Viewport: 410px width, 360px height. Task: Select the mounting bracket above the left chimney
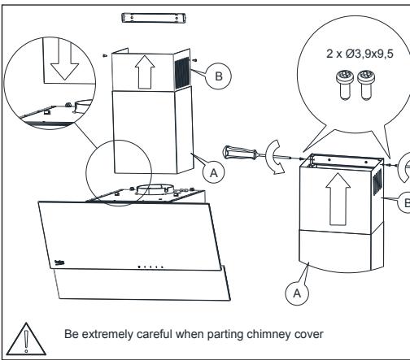point(145,16)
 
